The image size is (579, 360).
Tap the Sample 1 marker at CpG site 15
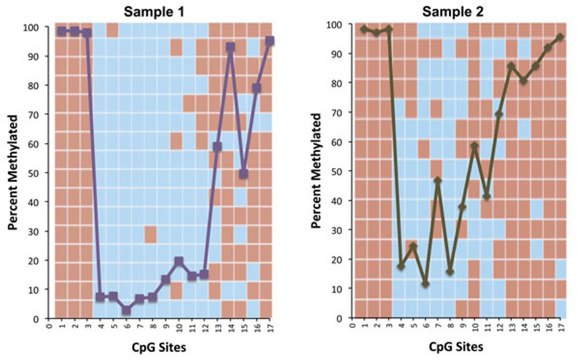click(243, 174)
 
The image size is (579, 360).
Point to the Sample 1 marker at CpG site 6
click(126, 310)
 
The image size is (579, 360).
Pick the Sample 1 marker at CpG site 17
click(270, 41)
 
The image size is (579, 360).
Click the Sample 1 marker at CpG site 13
click(217, 146)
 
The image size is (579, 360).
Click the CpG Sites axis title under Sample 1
click(159, 347)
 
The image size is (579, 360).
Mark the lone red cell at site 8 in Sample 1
click(151, 234)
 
